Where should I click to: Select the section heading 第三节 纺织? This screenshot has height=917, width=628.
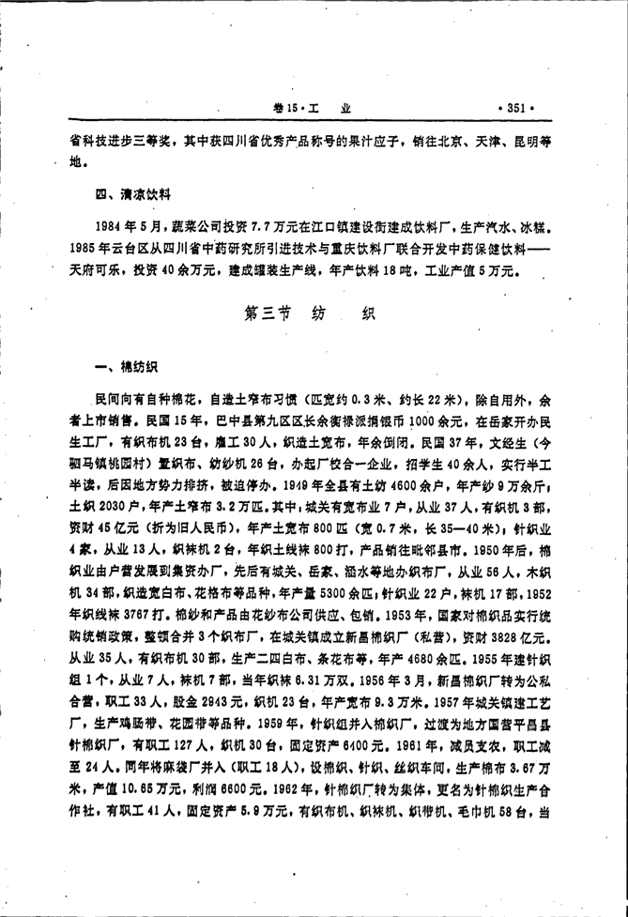click(x=309, y=316)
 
